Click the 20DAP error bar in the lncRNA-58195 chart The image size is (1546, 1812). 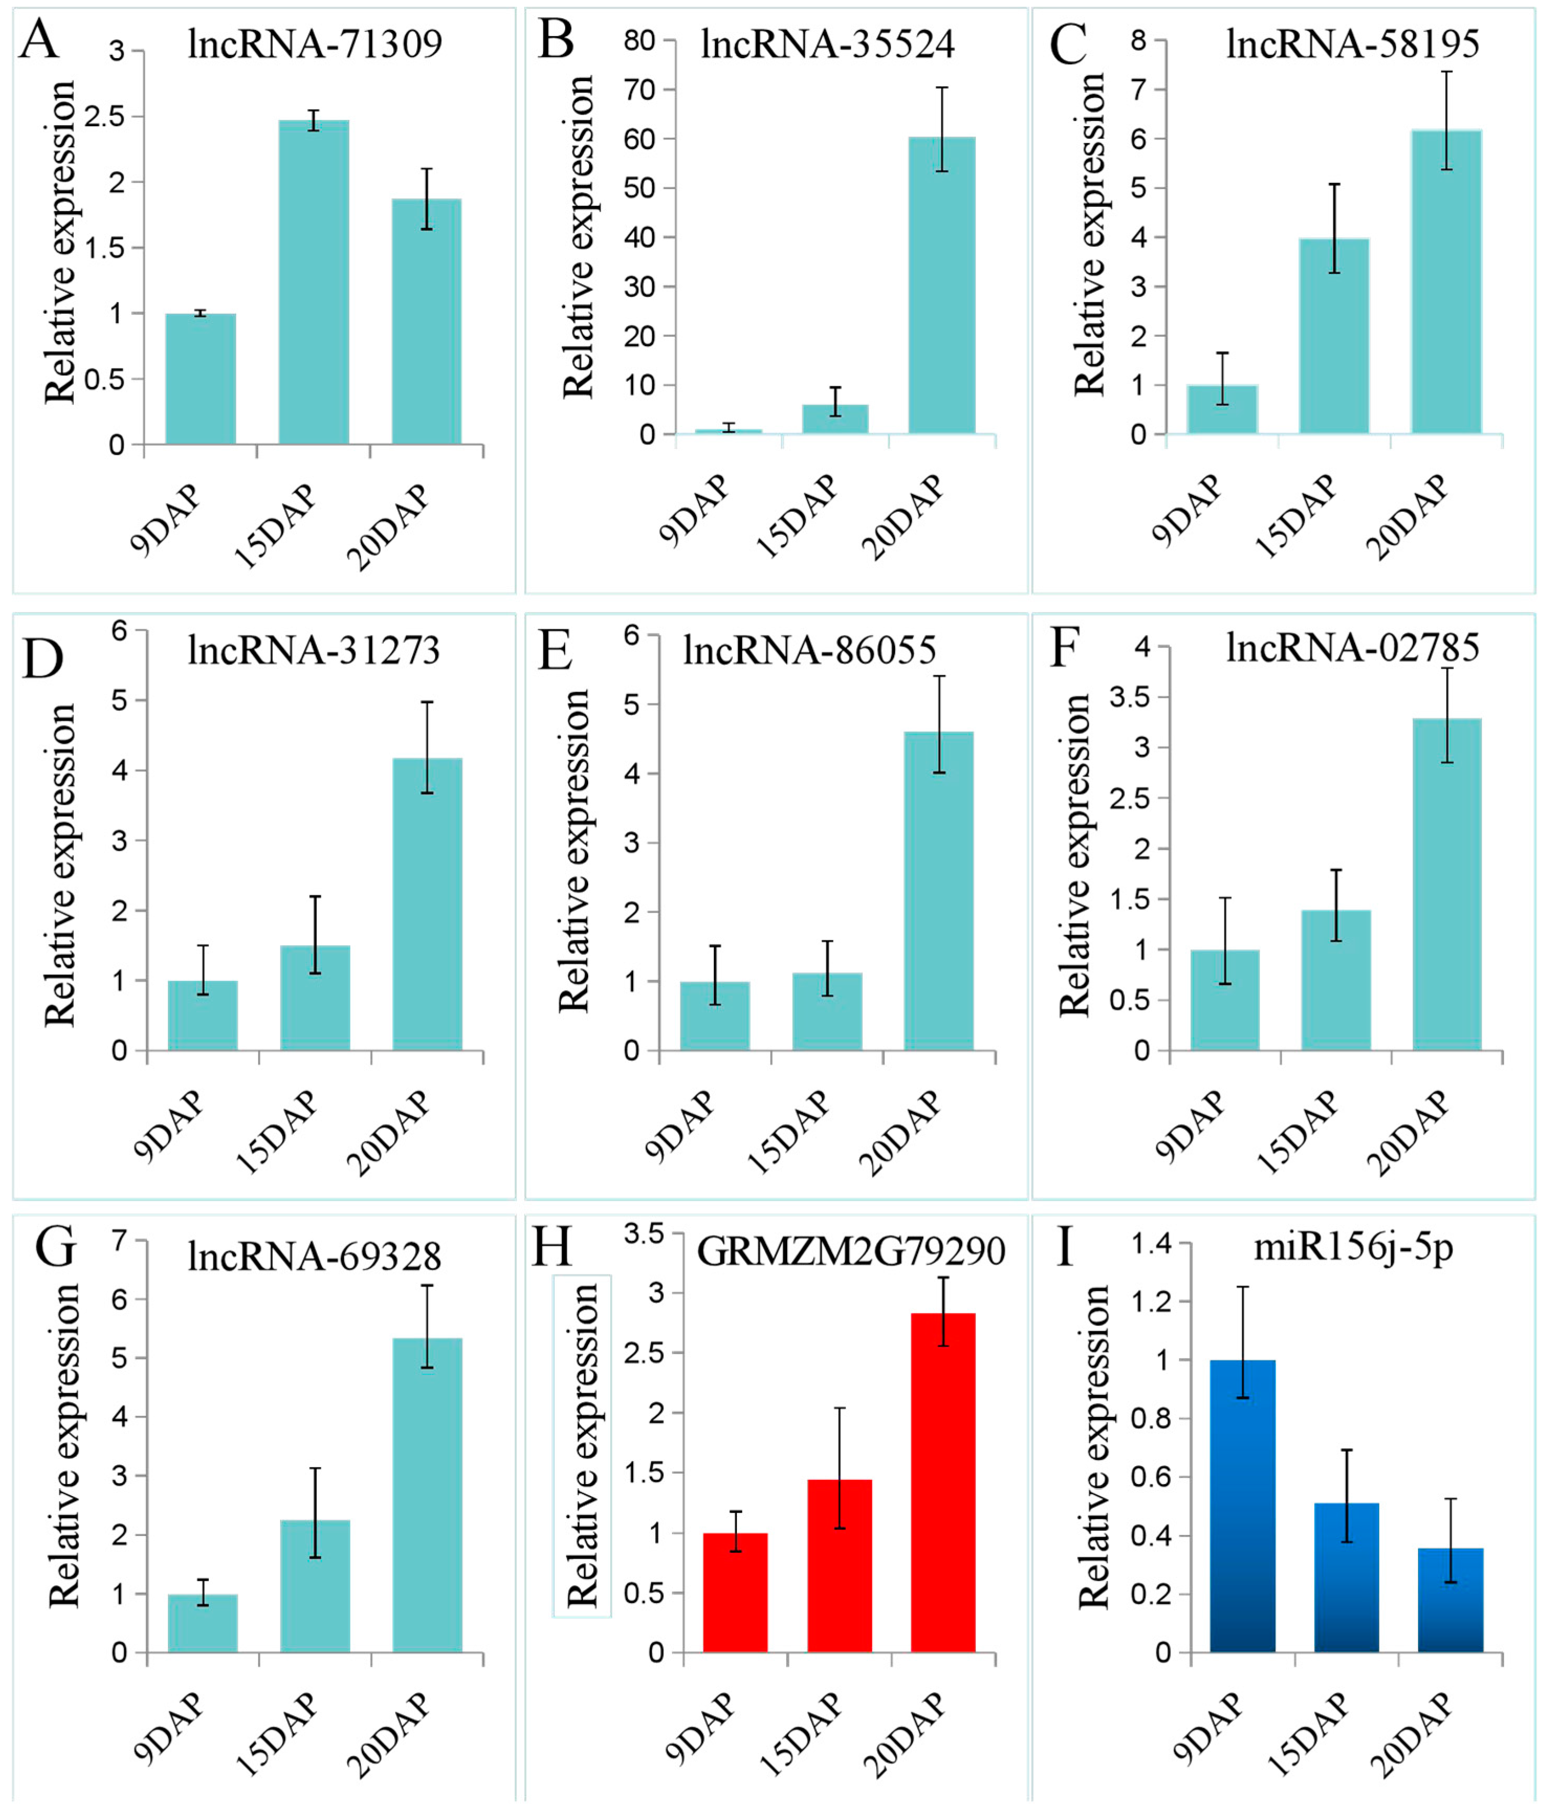click(x=1446, y=120)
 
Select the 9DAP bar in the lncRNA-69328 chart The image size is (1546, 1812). click(x=202, y=1622)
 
